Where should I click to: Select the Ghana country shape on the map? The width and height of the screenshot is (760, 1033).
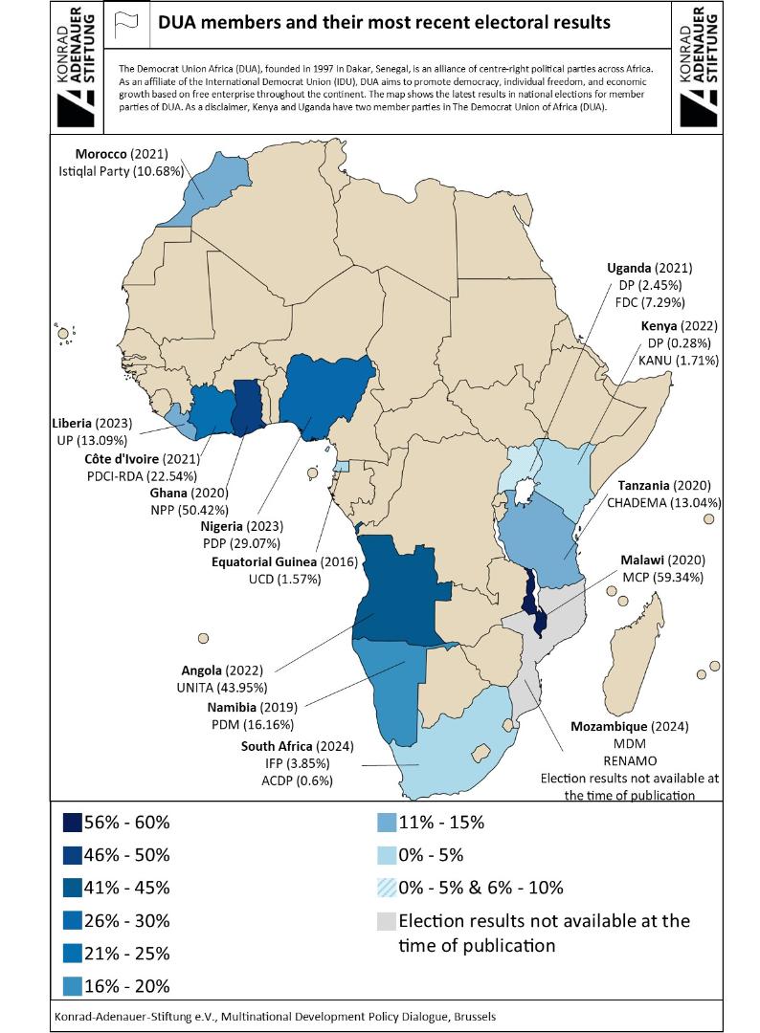click(249, 405)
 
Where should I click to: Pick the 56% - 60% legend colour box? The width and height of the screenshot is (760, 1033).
click(72, 822)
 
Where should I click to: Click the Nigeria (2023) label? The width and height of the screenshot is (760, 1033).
click(240, 526)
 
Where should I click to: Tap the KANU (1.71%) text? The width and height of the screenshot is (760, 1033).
click(680, 361)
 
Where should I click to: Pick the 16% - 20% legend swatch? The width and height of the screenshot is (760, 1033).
click(72, 985)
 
